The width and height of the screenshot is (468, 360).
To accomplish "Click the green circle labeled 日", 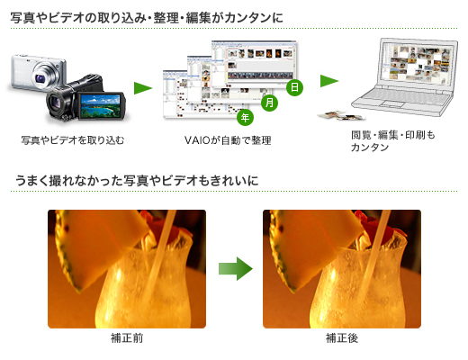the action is click(x=294, y=87).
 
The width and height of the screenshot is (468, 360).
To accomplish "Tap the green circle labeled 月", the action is click(x=269, y=103).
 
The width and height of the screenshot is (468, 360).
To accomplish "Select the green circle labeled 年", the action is click(x=245, y=117).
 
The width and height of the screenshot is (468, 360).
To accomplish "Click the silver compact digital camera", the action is click(x=38, y=73).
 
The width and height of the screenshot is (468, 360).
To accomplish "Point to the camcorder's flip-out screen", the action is click(x=101, y=106).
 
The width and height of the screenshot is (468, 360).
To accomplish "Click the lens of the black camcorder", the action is click(x=57, y=102).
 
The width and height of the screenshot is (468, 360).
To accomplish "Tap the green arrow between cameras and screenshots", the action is click(x=143, y=88).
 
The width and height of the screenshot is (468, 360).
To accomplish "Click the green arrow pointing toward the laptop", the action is click(x=329, y=81).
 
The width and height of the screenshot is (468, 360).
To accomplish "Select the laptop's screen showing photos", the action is click(x=417, y=64).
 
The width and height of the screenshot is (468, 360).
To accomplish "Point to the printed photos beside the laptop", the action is click(x=341, y=115).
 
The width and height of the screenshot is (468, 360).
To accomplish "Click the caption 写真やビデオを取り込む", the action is click(x=73, y=140).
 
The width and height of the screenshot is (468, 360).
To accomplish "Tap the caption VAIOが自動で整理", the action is click(x=228, y=140).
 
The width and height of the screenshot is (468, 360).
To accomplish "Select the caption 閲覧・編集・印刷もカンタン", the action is click(x=393, y=141).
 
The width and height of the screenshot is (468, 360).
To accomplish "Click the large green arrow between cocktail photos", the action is click(x=236, y=268).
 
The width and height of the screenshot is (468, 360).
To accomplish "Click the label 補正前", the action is click(x=127, y=338).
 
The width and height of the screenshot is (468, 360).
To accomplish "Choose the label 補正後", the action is click(x=342, y=338).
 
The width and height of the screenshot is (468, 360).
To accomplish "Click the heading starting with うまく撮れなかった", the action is click(x=137, y=181).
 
